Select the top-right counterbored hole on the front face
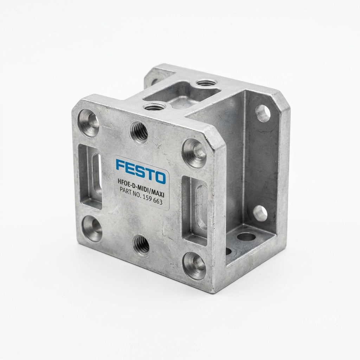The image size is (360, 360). click(194, 153)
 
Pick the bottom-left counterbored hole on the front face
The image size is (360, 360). click(92, 228)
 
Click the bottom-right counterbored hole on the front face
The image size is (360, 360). click(194, 266)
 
